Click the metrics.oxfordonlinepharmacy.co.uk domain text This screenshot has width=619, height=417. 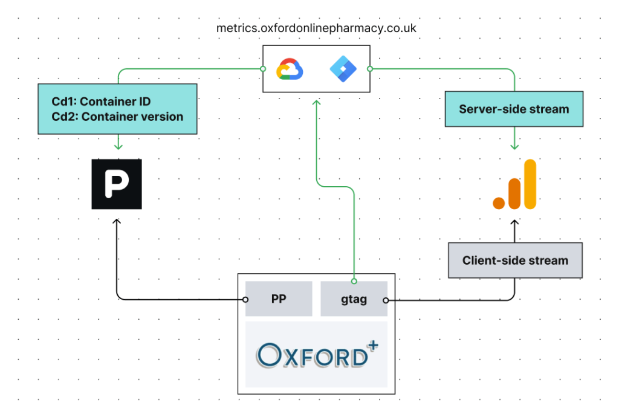click(316, 28)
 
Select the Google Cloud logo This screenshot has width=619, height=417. click(289, 69)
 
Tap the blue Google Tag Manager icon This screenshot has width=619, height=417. click(343, 69)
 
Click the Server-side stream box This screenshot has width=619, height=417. click(514, 109)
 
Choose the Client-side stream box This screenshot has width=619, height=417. click(515, 260)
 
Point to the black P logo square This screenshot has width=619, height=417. click(117, 184)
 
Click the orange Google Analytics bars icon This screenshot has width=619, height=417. click(514, 184)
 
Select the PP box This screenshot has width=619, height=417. click(279, 299)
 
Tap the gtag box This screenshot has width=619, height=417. click(354, 299)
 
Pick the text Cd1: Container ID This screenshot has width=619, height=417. click(101, 102)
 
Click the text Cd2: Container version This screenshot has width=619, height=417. click(117, 117)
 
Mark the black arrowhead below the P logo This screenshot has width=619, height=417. click(117, 222)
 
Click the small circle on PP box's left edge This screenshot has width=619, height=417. click(245, 299)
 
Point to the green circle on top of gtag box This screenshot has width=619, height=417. click(354, 281)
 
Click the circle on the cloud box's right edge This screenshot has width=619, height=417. click(370, 69)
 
